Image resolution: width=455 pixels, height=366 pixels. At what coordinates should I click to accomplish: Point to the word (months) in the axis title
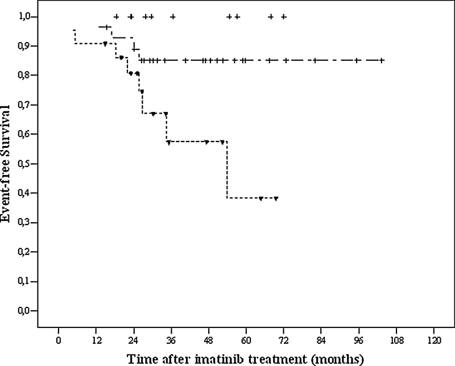(338, 359)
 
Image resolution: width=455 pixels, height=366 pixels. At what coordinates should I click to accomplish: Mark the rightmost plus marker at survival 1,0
(284, 16)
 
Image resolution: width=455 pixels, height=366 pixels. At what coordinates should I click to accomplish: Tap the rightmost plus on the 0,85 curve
(382, 60)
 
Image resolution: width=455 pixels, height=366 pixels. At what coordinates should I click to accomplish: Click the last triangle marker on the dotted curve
(276, 198)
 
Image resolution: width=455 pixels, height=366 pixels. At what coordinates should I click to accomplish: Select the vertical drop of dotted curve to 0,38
(227, 170)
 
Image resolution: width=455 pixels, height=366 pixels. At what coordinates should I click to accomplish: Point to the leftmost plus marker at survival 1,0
(116, 16)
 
